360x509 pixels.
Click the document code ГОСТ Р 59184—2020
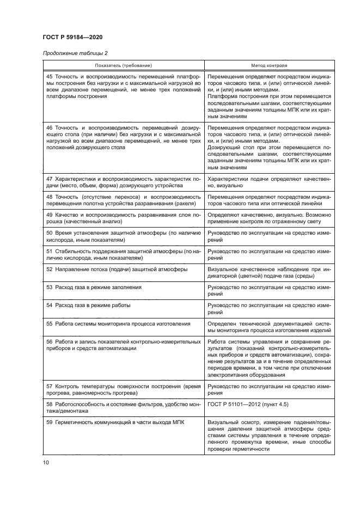pyautogui.click(x=72, y=37)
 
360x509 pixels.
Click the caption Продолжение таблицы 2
pyautogui.click(x=75, y=53)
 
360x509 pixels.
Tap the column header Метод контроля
pyautogui.click(x=269, y=65)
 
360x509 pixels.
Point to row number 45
pyautogui.click(x=50, y=77)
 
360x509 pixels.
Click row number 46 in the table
pyautogui.click(x=50, y=126)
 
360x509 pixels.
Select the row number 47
pyautogui.click(x=50, y=178)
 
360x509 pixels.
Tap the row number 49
pyautogui.click(x=50, y=215)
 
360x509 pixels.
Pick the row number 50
pyautogui.click(x=50, y=233)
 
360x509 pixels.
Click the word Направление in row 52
pyautogui.click(x=72, y=269)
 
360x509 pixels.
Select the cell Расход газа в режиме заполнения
pyautogui.click(x=97, y=287)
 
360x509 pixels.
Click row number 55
pyautogui.click(x=50, y=323)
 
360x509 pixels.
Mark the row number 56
pyautogui.click(x=50, y=341)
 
